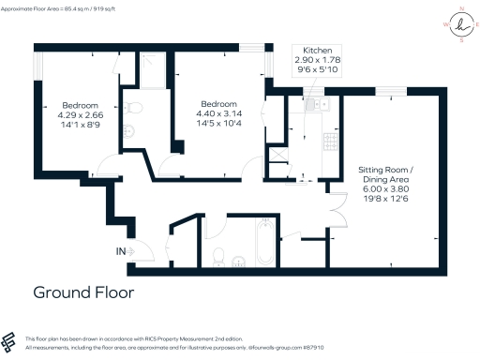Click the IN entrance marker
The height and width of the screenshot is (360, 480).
121,250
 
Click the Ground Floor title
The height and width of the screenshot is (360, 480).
83,292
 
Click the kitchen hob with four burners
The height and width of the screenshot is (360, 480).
330,142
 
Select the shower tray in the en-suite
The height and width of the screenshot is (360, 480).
149,66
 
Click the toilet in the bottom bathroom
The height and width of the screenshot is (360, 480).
218,254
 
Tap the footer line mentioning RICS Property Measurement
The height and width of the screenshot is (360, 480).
123,337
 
